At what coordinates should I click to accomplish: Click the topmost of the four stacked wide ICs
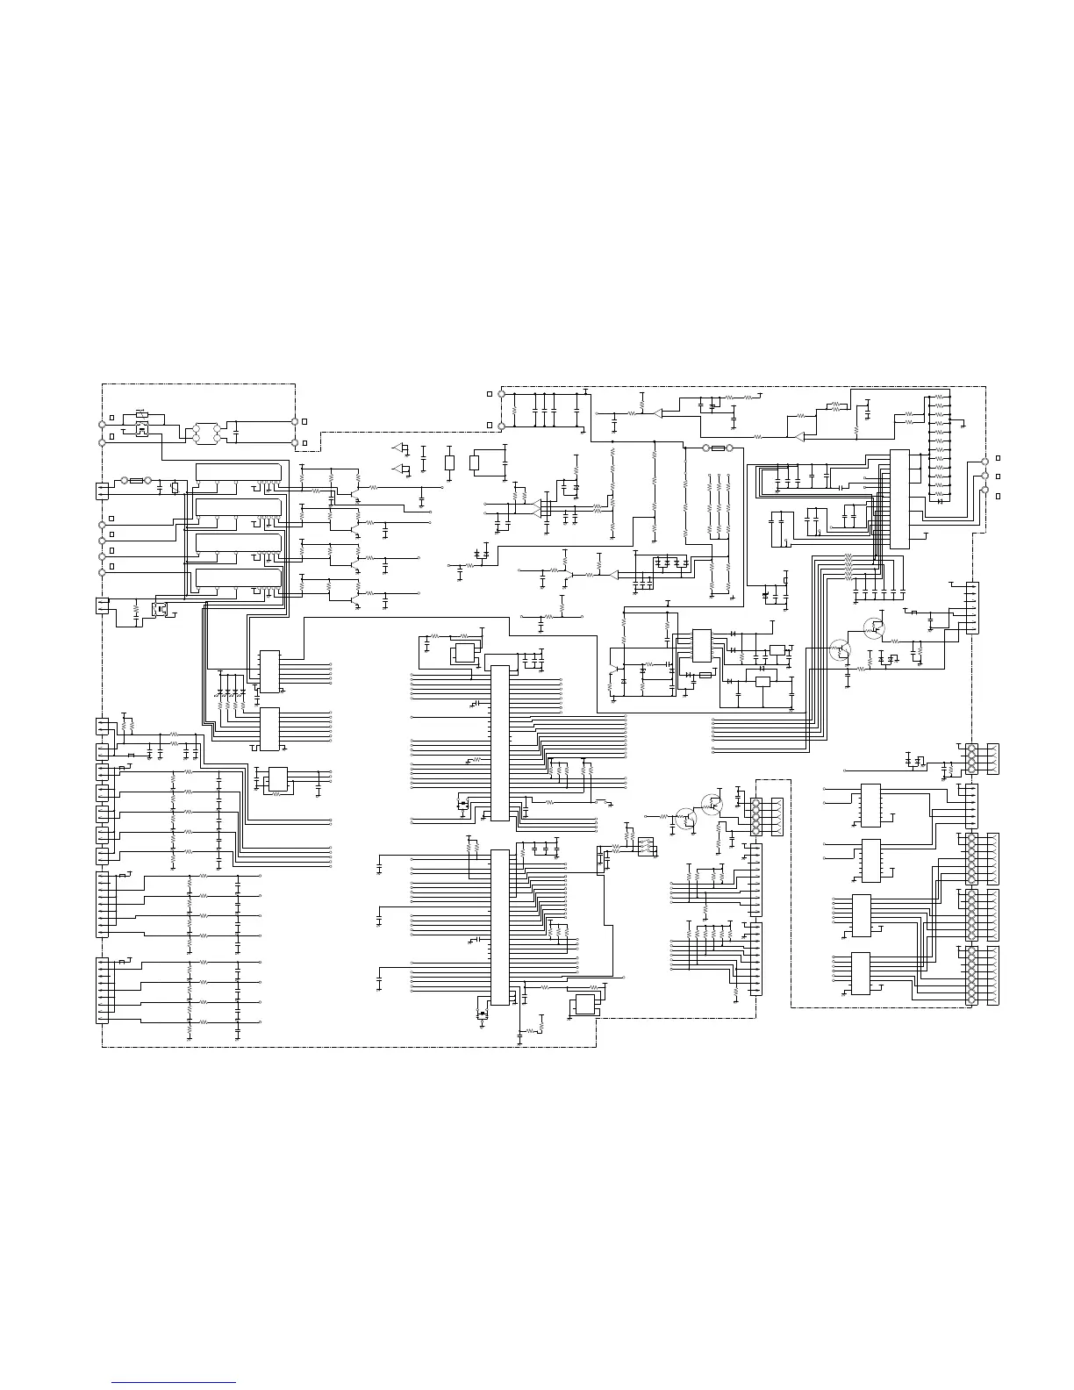tap(239, 472)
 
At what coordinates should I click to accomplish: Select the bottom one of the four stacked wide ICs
tap(239, 577)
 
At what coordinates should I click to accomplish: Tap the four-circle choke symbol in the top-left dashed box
tap(208, 432)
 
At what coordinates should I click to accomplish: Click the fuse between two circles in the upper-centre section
tap(718, 448)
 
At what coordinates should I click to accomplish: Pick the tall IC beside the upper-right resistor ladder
tap(899, 498)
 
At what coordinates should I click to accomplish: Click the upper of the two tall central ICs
tap(499, 743)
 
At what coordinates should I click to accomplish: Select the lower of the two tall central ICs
tap(499, 927)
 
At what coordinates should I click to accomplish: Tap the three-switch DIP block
tap(646, 847)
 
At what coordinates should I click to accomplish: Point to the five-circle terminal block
tap(755, 817)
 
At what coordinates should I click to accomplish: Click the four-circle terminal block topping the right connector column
tap(971, 758)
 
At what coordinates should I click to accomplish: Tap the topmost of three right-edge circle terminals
tap(984, 461)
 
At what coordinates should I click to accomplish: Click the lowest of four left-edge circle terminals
tap(102, 571)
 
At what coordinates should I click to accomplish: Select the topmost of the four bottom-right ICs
tap(870, 805)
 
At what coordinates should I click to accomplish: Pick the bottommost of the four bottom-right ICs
tap(861, 974)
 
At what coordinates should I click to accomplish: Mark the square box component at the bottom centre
tap(583, 1006)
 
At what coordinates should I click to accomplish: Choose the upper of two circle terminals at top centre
tap(501, 394)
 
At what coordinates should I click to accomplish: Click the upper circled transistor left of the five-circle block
tap(712, 802)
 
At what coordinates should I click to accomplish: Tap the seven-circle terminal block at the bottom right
tap(971, 976)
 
